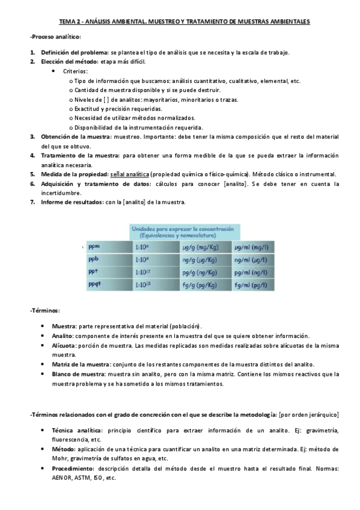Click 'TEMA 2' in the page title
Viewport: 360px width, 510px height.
70,21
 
